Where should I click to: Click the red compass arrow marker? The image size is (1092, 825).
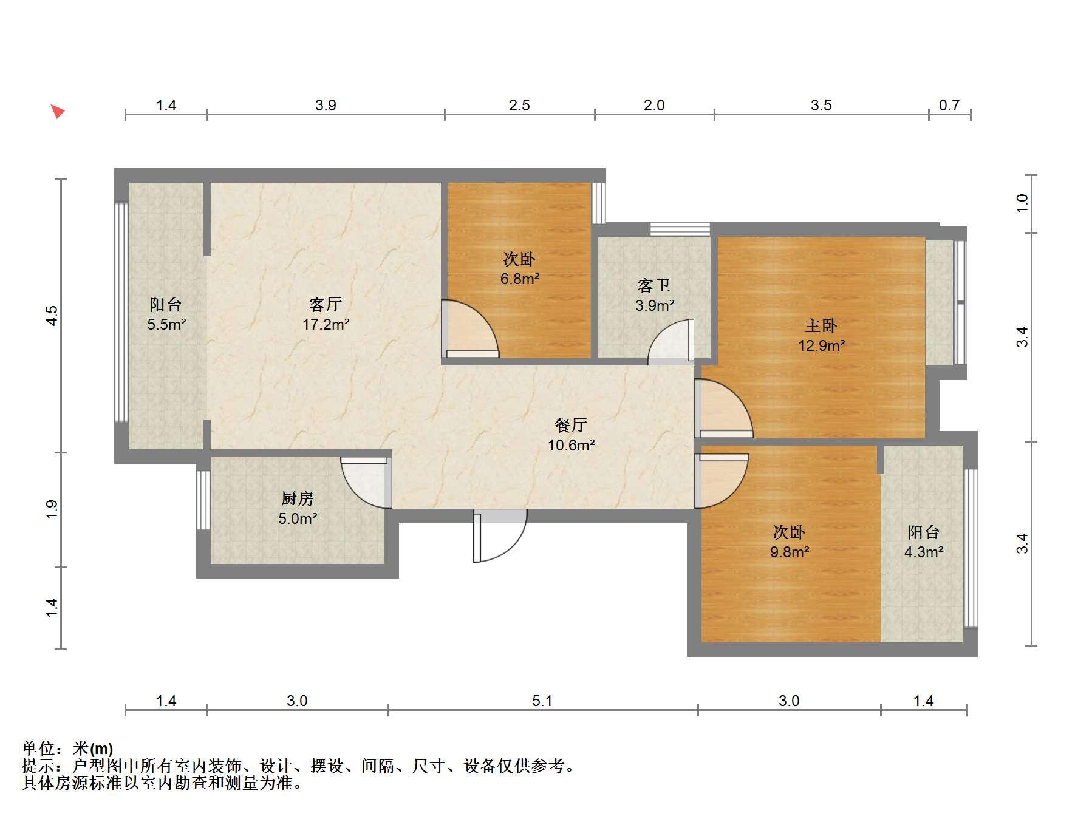(58, 111)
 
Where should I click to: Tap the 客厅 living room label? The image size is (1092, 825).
(326, 304)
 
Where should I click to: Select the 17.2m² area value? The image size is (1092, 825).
(326, 324)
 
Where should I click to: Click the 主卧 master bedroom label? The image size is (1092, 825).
(821, 325)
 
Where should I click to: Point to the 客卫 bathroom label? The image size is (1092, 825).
(654, 285)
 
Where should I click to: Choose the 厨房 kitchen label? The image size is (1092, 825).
(298, 498)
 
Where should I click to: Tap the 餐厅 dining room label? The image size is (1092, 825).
(571, 425)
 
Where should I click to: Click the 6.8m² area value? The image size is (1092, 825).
(520, 279)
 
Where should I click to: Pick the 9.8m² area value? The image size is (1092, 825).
(789, 552)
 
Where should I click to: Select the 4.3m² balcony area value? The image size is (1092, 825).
(923, 552)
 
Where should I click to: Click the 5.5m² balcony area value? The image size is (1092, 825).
(166, 324)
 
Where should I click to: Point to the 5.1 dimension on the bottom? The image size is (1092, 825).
(542, 701)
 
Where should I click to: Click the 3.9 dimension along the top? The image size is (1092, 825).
(326, 106)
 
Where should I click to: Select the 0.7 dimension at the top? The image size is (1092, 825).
(949, 106)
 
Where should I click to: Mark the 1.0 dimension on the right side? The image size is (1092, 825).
(1022, 203)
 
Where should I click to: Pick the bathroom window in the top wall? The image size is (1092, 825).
(680, 229)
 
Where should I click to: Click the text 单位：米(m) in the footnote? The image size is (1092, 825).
(67, 749)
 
